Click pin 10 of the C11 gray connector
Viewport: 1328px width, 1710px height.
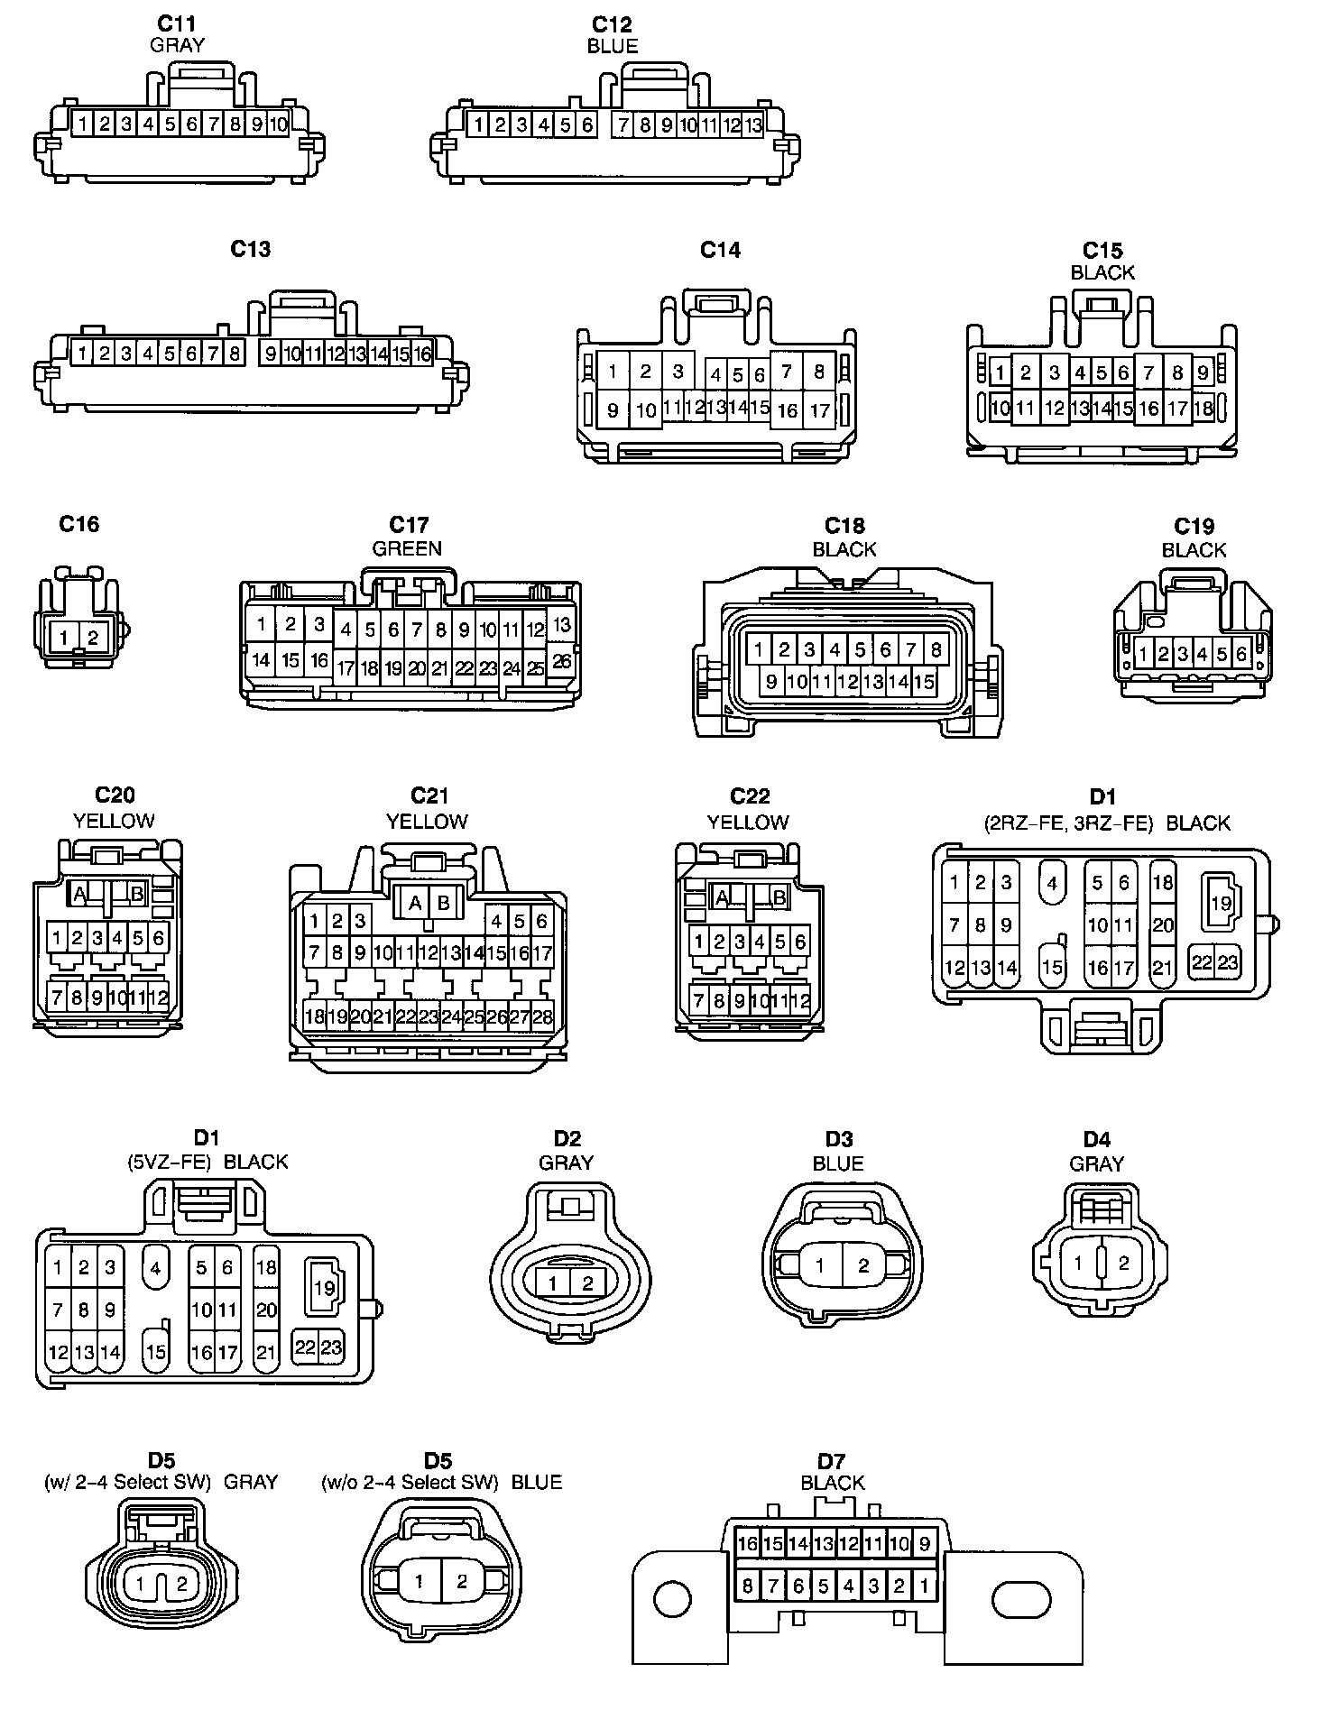(277, 124)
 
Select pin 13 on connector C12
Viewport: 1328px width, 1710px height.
(752, 125)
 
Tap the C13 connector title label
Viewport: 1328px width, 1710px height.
(251, 250)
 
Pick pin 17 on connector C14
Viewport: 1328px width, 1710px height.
(819, 411)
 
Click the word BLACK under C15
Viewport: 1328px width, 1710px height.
(1102, 272)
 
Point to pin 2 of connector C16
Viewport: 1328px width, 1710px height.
(93, 638)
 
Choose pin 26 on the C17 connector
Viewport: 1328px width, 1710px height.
(561, 662)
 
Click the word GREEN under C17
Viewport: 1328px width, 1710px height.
(407, 548)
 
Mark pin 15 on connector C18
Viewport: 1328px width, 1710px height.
(924, 683)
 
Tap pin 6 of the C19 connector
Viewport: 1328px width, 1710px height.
(1241, 654)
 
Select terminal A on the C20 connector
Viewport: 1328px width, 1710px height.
(79, 894)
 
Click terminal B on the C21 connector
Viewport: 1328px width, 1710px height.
(443, 903)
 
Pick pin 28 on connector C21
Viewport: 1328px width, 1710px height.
(542, 1017)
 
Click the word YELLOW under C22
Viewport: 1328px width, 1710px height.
(748, 822)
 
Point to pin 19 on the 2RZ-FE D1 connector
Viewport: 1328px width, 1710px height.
(1221, 902)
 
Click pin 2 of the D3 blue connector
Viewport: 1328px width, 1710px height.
(863, 1265)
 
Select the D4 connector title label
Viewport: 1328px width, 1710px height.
(1097, 1139)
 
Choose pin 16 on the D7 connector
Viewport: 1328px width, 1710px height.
(747, 1544)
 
